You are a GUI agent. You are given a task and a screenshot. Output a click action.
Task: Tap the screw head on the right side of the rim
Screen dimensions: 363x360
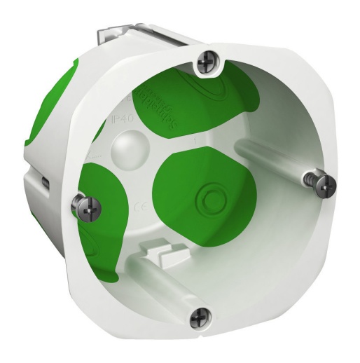point(325,185)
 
